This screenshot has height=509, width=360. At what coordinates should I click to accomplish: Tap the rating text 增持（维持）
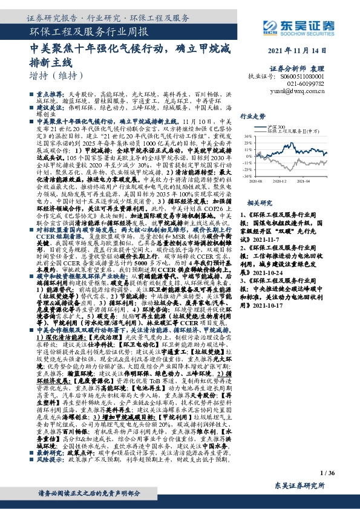click(x=55, y=76)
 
